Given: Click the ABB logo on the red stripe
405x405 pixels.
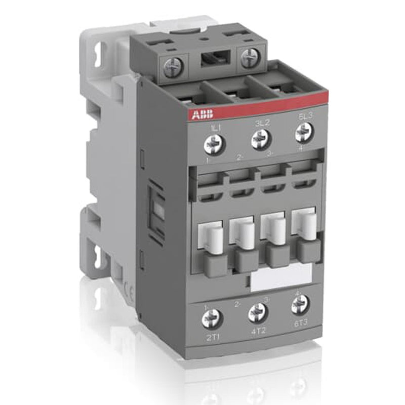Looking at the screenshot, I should [x=202, y=114].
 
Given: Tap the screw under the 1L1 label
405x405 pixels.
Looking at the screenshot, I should [x=213, y=145].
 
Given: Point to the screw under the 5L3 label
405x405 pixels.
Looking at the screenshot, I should [x=304, y=132].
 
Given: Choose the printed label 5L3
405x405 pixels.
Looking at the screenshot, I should [x=306, y=116].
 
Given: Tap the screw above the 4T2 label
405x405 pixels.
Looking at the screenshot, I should [x=257, y=312].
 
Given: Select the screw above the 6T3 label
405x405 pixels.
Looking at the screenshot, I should [x=300, y=304].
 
